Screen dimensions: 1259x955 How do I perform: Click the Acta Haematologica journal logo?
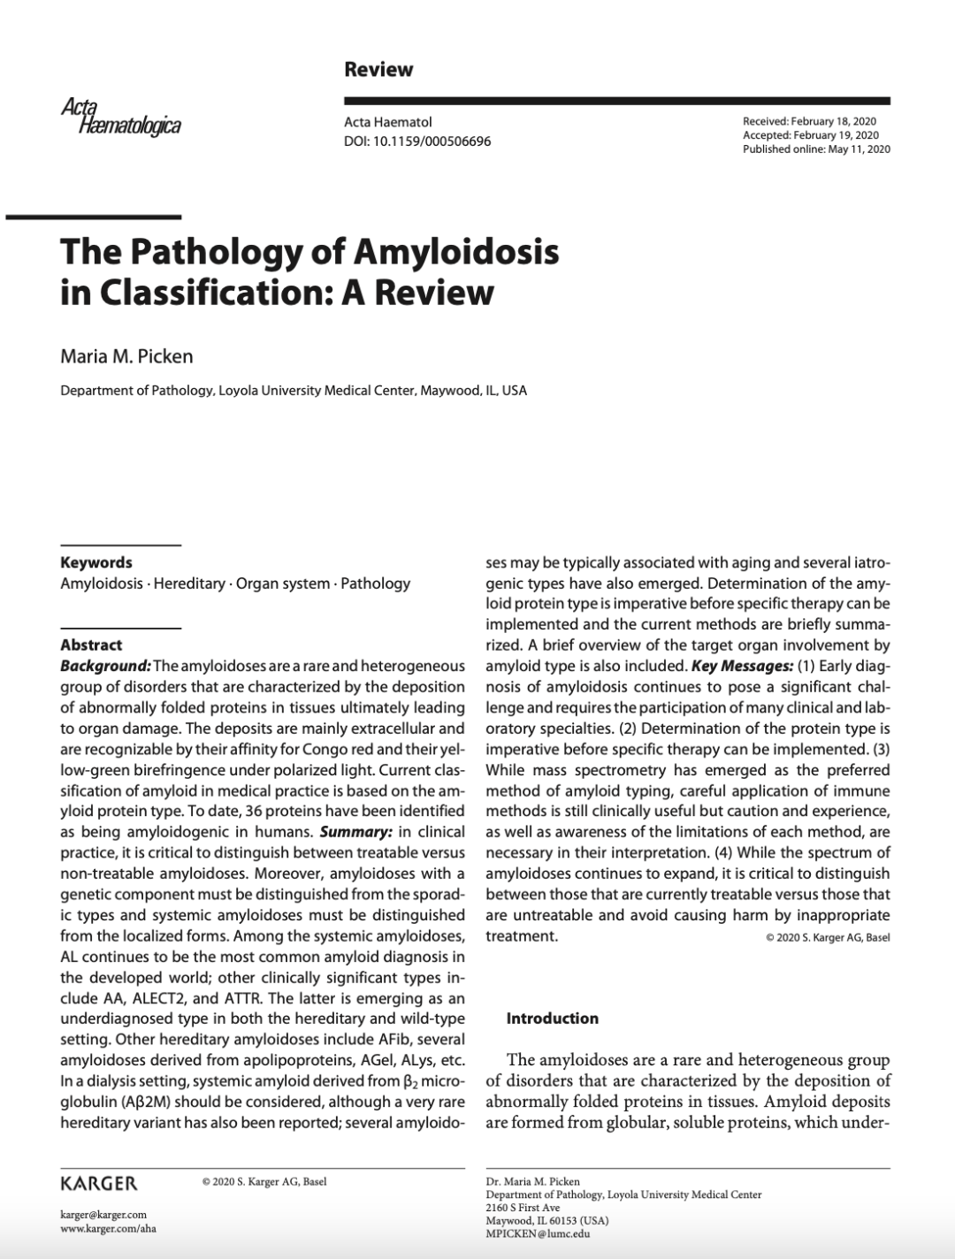point(121,118)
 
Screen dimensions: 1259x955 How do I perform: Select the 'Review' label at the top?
point(378,69)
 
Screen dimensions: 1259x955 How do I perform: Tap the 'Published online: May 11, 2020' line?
point(816,149)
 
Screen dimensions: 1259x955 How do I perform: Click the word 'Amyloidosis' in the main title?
point(456,251)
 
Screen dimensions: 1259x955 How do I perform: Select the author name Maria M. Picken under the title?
point(126,356)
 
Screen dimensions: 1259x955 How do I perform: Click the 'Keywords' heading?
point(96,562)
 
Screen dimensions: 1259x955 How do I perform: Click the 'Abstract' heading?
point(91,645)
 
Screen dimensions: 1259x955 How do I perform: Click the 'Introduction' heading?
point(552,1019)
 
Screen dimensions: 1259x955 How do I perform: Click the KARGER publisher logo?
point(98,1183)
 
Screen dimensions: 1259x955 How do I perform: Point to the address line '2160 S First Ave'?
point(523,1207)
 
